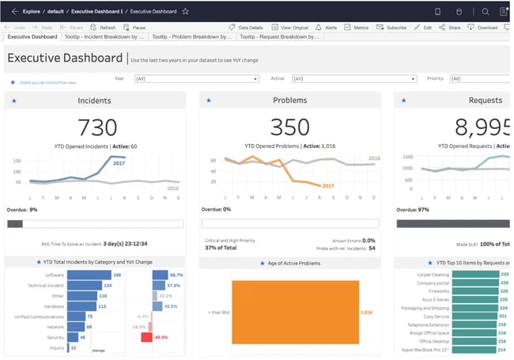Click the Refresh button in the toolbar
(x=103, y=27)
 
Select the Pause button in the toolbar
(x=134, y=27)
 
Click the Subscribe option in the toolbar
(x=391, y=27)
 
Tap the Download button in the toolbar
(x=482, y=27)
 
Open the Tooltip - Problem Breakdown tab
(x=192, y=36)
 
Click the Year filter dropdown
(x=196, y=78)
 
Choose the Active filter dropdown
(x=353, y=78)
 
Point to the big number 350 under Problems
(x=289, y=127)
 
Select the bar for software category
(x=88, y=275)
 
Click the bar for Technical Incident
(x=85, y=286)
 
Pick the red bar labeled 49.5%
(x=146, y=337)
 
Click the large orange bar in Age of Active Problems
(x=294, y=313)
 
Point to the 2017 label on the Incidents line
(x=119, y=163)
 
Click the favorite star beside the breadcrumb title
(x=185, y=12)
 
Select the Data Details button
(x=246, y=27)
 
